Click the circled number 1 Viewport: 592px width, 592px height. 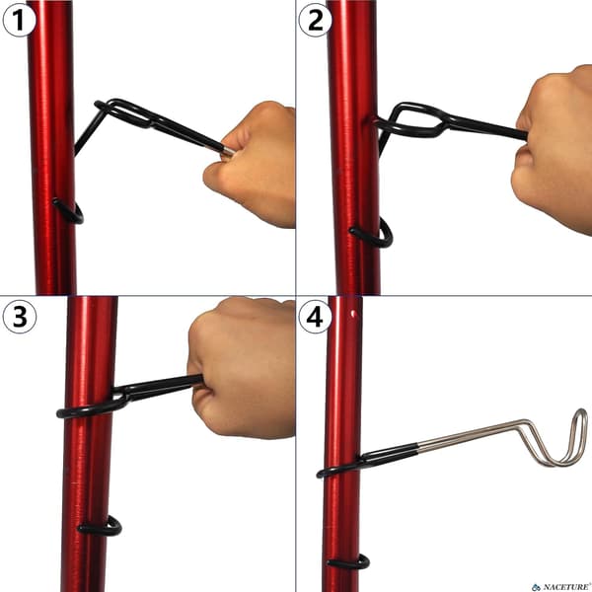click(20, 21)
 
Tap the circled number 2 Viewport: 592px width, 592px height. click(316, 21)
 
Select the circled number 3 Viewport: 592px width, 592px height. click(20, 317)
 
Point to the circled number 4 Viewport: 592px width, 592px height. click(316, 317)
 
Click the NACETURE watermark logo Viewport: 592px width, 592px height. click(561, 587)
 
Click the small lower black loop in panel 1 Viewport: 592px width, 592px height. click(69, 212)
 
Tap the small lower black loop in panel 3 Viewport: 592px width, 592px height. click(101, 527)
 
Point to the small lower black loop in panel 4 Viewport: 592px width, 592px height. click(349, 563)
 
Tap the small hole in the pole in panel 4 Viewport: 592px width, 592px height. click(353, 314)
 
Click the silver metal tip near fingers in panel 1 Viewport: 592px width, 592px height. click(228, 151)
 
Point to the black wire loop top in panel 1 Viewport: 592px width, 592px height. click(124, 112)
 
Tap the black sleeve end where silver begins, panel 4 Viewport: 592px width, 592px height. click(417, 448)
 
